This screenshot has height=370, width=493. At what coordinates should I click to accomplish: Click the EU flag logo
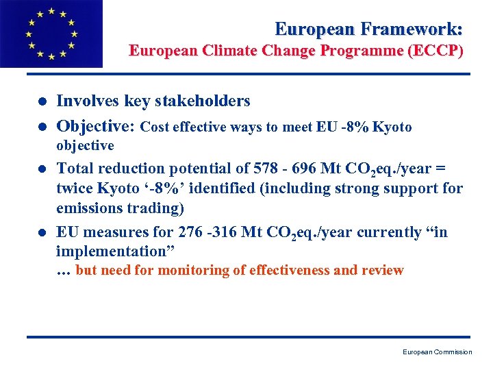click(51, 34)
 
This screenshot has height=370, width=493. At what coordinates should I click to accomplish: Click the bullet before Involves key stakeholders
click(42, 102)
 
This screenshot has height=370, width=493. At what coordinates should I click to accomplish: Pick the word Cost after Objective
click(157, 127)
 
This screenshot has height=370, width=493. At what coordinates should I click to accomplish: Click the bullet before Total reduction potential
click(42, 169)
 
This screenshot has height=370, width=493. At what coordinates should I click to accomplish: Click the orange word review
click(383, 270)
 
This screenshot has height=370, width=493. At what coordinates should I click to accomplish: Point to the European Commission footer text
click(437, 352)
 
